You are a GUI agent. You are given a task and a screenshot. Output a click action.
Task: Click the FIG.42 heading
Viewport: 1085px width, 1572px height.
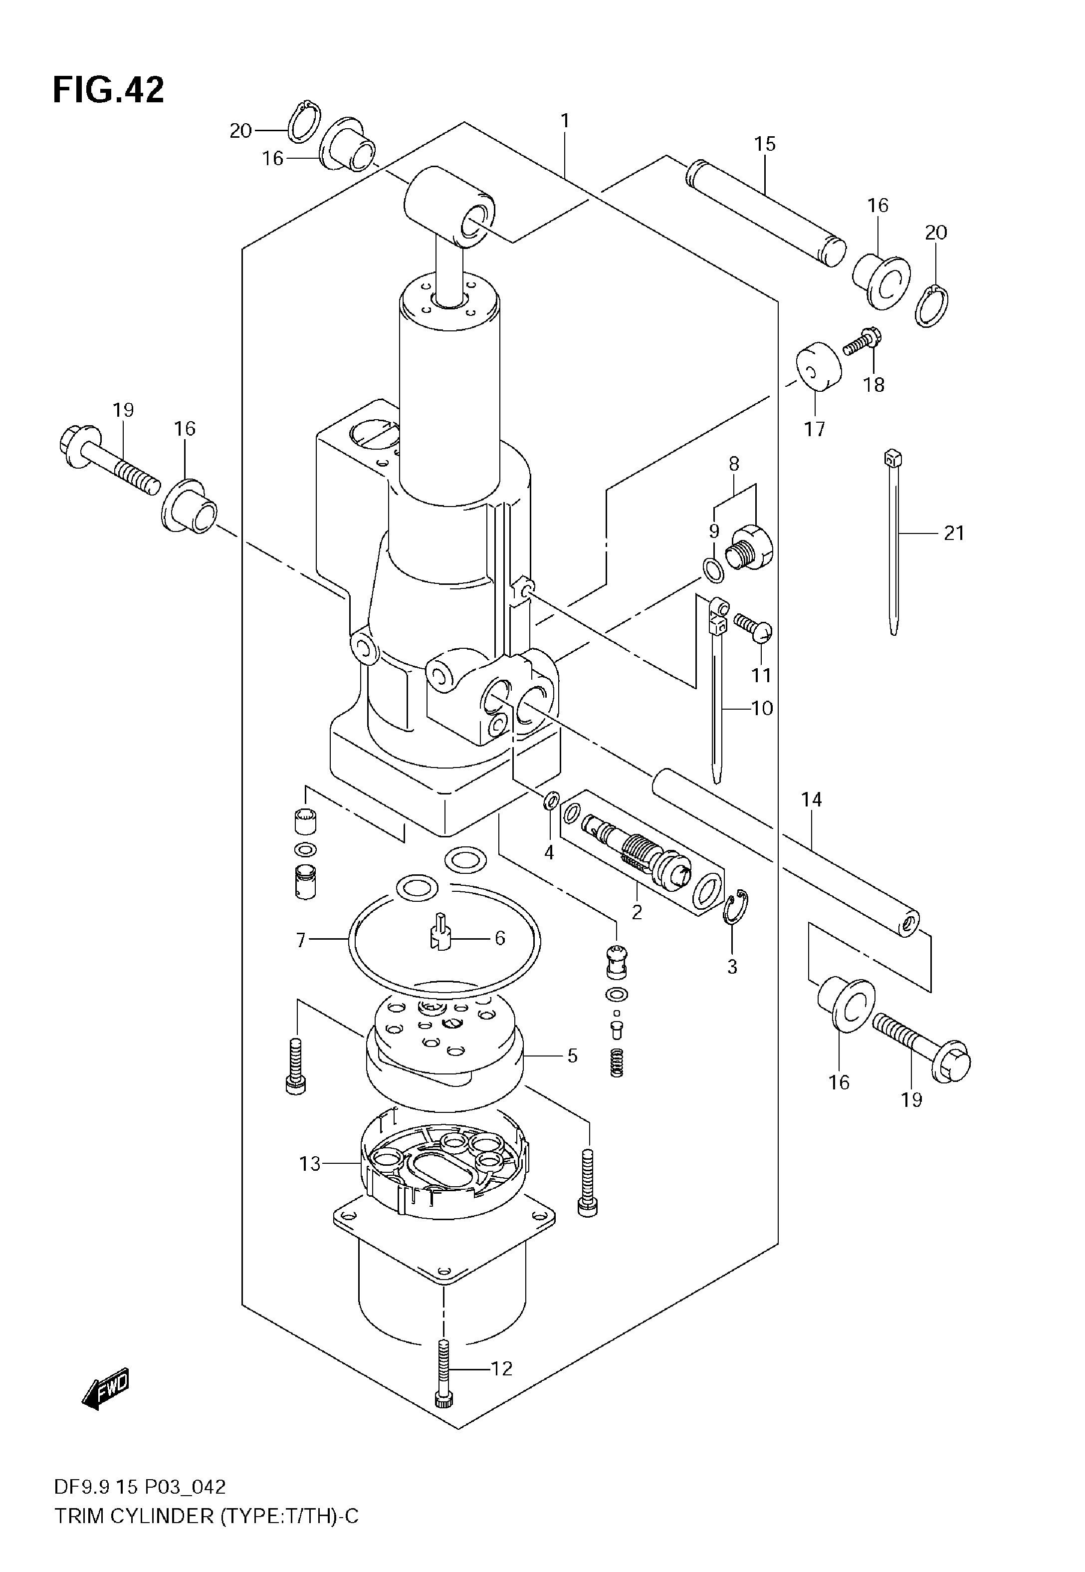[x=109, y=90]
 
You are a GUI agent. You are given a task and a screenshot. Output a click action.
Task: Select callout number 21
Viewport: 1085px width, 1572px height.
[x=954, y=533]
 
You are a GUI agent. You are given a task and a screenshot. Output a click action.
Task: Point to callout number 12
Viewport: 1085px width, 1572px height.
[x=502, y=1368]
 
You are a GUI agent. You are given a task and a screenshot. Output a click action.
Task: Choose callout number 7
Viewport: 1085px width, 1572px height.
[x=301, y=940]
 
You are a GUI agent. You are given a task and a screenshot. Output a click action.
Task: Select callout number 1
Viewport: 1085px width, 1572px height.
[x=565, y=121]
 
